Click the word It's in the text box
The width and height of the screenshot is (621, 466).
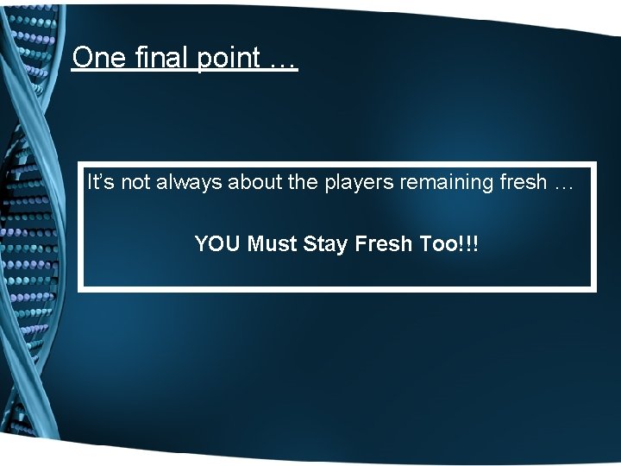coord(101,182)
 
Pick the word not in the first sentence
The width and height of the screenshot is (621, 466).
coord(135,182)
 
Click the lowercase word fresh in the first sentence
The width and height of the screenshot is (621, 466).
coord(502,182)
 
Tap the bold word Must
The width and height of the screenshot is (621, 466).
coord(273,244)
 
